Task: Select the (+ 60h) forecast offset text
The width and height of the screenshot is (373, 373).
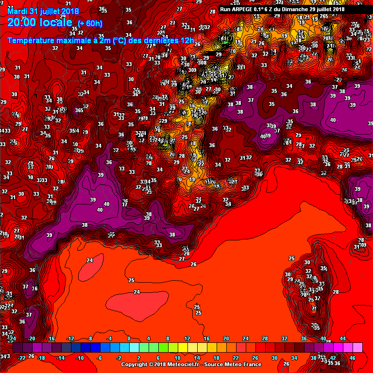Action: pos(90,23)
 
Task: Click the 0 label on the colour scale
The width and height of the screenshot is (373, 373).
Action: pos(129,339)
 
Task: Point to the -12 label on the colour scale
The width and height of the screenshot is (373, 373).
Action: pos(70,339)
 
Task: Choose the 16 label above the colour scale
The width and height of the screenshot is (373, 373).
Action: pos(206,339)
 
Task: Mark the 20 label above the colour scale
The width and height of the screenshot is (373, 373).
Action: pos(226,339)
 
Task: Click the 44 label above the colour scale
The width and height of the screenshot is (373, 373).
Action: pos(342,339)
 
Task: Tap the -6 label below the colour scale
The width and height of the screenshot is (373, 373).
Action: pos(100,358)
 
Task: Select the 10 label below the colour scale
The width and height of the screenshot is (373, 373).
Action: pos(177,358)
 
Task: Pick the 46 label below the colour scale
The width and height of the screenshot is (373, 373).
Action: pos(352,358)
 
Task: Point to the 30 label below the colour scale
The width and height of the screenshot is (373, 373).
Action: pos(274,358)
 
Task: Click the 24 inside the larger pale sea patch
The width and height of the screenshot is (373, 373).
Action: pos(137,292)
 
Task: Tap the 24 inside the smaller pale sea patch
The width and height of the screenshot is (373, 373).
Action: pos(89,260)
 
